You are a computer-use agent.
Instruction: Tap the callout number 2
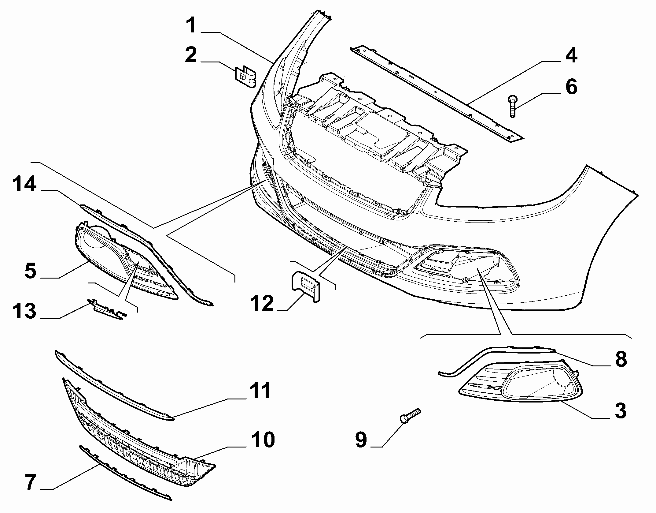191,55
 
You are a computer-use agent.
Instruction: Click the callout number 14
24,186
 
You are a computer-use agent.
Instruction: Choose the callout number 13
24,312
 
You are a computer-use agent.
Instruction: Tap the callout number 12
262,303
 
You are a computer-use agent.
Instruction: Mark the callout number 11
260,391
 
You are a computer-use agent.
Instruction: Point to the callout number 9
361,440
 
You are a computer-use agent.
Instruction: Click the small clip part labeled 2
245,76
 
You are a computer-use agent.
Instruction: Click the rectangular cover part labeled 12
305,285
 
